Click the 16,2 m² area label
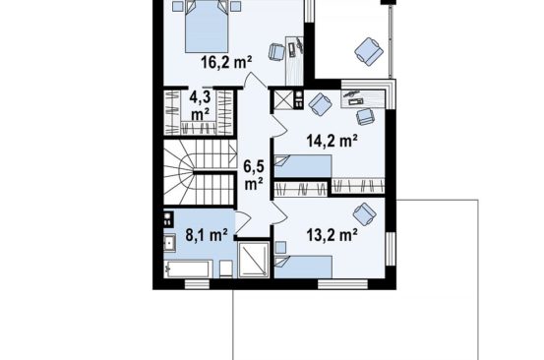click(226, 63)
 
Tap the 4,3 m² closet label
click(200, 106)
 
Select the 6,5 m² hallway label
click(254, 175)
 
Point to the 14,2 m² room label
click(332, 141)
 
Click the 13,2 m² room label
click(332, 235)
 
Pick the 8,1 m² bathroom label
click(207, 235)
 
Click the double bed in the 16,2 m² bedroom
click(207, 27)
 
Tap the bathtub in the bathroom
click(189, 269)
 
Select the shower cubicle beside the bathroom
click(254, 260)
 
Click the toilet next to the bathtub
click(226, 269)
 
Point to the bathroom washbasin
click(169, 242)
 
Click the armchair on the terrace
click(369, 51)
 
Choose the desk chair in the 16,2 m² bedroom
click(277, 52)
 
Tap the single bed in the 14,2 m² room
click(303, 166)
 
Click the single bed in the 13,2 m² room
click(303, 267)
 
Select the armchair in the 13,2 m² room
click(365, 214)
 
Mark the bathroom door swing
click(243, 222)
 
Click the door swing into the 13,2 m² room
click(279, 212)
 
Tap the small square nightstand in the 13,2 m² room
click(280, 248)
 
